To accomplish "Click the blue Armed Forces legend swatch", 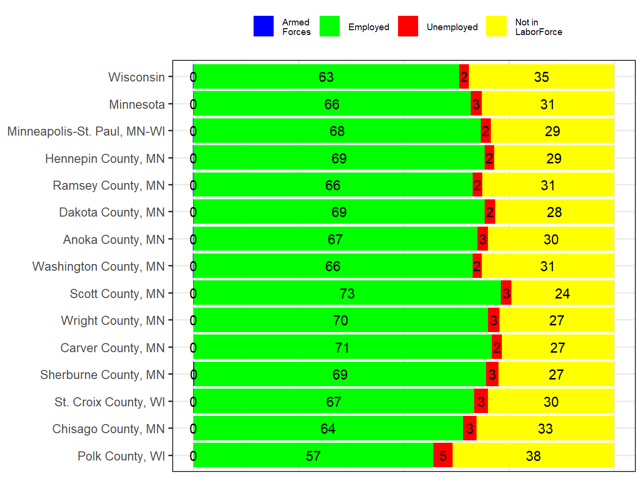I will click(x=264, y=26).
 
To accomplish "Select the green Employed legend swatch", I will click(x=330, y=26).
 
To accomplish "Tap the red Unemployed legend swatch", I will click(x=408, y=26).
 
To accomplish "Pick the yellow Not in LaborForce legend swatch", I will click(x=497, y=26).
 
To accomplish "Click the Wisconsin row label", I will click(x=136, y=77).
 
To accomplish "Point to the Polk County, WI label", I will click(x=121, y=456).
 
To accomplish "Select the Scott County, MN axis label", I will click(x=117, y=294).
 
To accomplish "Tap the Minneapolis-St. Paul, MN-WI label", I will click(x=86, y=131).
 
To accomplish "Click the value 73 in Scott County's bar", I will click(x=347, y=294).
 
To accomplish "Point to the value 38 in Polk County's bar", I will click(x=533, y=456).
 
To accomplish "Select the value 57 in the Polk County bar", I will click(x=313, y=456).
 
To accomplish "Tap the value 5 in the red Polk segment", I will click(x=443, y=456).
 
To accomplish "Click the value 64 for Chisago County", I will click(x=328, y=429).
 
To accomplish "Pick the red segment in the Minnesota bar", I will click(x=476, y=104).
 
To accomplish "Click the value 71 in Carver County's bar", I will click(x=342, y=348).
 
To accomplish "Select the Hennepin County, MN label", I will click(x=105, y=159).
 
